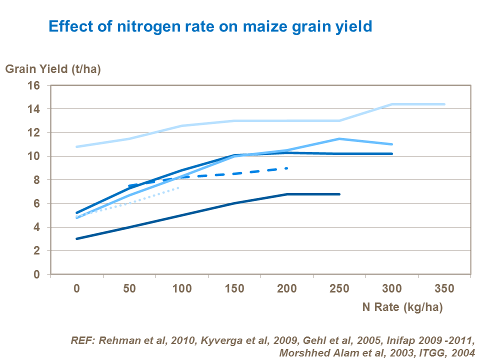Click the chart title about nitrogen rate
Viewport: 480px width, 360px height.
coord(210,25)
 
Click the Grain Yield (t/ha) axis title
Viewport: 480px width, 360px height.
coord(53,69)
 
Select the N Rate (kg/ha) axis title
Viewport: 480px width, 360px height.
coord(402,307)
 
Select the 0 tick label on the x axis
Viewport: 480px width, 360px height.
coord(77,288)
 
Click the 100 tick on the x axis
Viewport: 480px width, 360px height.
coord(181,288)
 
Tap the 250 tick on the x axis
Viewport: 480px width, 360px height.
coord(339,288)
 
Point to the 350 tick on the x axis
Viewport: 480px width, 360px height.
coord(444,288)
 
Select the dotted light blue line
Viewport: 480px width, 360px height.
coord(130,202)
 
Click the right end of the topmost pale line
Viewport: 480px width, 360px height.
coord(444,104)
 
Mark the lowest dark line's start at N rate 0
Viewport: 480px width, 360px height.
coord(77,238)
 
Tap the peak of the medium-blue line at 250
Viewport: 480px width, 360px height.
coord(339,138)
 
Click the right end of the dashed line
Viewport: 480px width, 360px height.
coord(287,168)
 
